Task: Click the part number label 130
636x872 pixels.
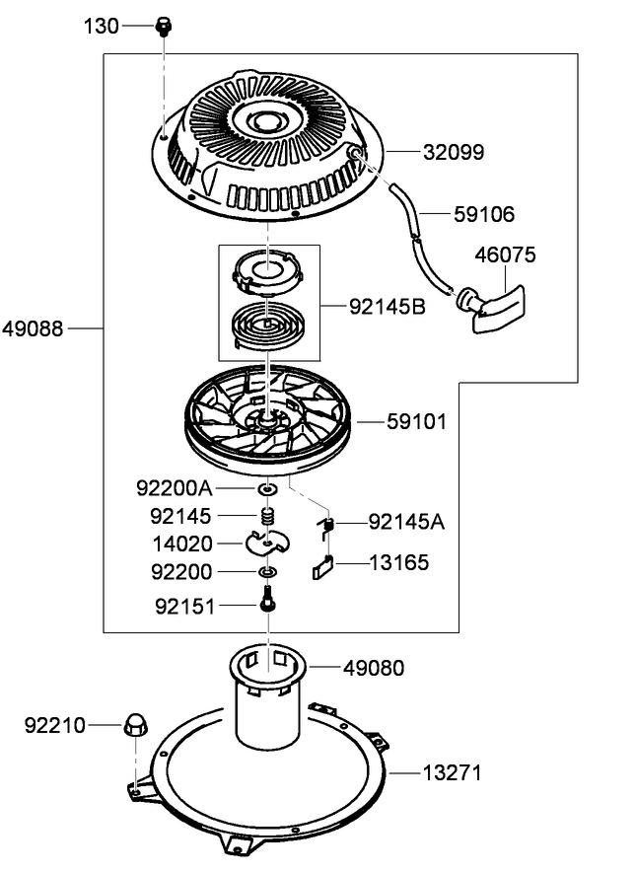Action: click(x=100, y=27)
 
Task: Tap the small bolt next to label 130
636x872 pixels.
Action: click(x=163, y=27)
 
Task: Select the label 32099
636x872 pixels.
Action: click(x=454, y=153)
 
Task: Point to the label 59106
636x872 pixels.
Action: click(x=484, y=213)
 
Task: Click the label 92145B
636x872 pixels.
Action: click(x=388, y=307)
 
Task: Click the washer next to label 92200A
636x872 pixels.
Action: click(x=267, y=488)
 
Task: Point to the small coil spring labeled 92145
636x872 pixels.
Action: click(x=266, y=516)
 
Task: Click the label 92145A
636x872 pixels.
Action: click(x=406, y=522)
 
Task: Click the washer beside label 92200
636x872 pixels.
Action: click(x=266, y=572)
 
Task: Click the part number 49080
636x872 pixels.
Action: click(x=374, y=669)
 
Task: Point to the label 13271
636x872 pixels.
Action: click(x=453, y=773)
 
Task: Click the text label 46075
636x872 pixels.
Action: click(x=506, y=255)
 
